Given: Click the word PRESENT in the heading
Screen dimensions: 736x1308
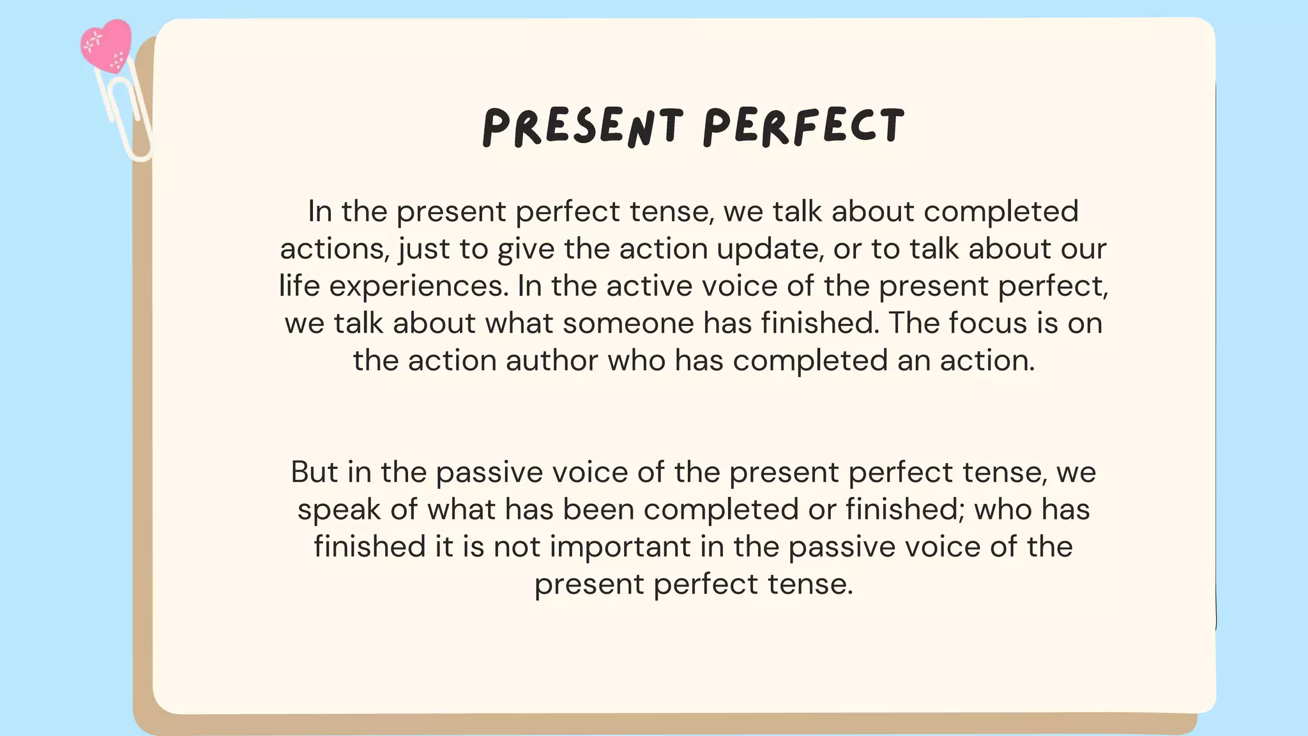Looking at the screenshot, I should tap(582, 126).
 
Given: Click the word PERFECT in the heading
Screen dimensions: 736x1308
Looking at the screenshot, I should tap(803, 126).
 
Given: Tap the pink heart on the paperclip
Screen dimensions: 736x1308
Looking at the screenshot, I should tap(106, 45).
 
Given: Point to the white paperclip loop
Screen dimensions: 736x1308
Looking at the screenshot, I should tap(128, 118).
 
